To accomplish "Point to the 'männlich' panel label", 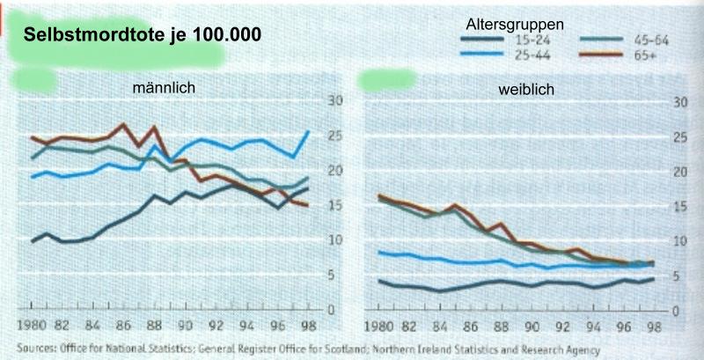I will [x=163, y=89].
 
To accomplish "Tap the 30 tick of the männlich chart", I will [x=333, y=101].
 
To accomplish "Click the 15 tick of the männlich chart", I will [x=333, y=206].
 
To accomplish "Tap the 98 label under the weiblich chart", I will [x=651, y=326].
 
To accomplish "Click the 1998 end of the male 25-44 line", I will [x=308, y=132].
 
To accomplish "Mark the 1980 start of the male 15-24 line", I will [x=33, y=241].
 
